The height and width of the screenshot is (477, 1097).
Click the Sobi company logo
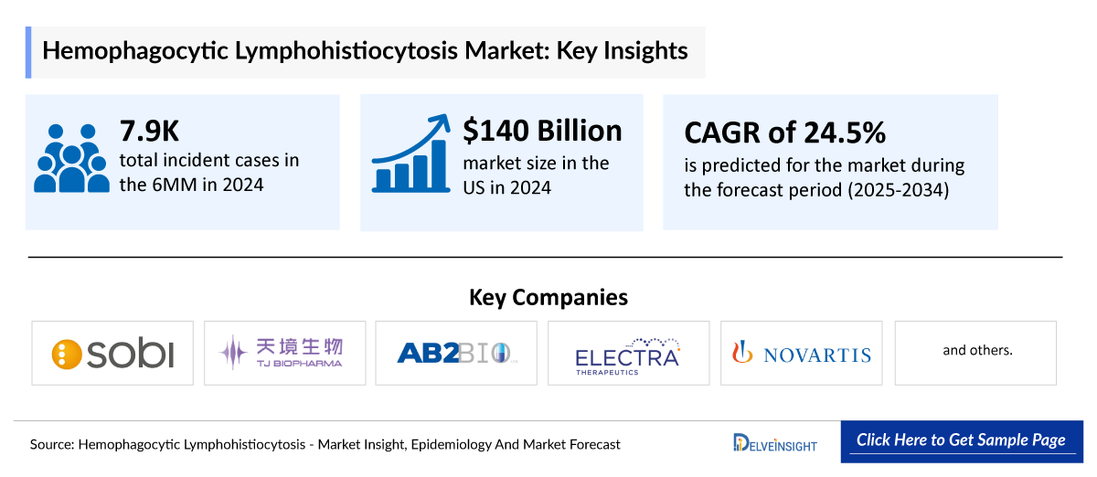112,353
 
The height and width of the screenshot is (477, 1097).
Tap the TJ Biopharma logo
284,353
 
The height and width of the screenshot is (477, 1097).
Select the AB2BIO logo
457,353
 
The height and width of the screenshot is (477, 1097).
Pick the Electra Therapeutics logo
628,353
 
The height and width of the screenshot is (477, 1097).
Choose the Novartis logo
802,353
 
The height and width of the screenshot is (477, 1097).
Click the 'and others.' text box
976,350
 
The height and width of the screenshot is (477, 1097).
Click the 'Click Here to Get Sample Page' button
961,440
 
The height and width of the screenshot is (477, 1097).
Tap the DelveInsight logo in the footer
774,443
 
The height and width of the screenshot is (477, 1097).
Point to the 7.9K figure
149,132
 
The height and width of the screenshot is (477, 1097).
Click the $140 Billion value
542,130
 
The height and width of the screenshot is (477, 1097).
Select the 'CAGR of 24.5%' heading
784,133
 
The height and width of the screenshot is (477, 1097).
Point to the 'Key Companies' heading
548,297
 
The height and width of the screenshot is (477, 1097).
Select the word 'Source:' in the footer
52,445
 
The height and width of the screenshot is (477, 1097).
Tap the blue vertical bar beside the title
28,51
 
